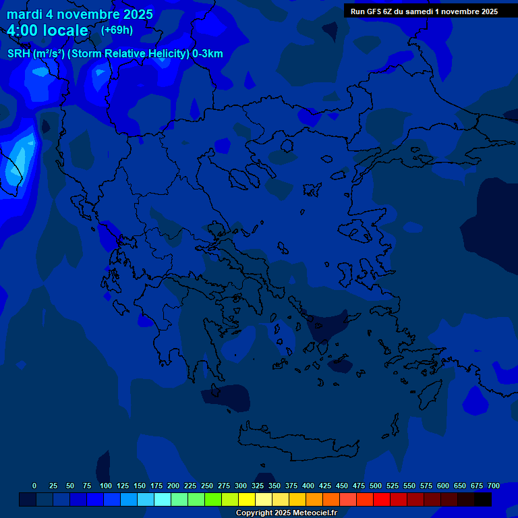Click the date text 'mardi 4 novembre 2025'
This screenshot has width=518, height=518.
pyautogui.click(x=80, y=14)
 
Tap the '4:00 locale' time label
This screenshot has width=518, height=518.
pyautogui.click(x=48, y=30)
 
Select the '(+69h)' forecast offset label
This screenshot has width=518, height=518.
pyautogui.click(x=117, y=30)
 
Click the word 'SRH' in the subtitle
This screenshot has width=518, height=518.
pyautogui.click(x=18, y=54)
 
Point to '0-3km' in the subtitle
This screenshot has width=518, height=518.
pyautogui.click(x=208, y=54)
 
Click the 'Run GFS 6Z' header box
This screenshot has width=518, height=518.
pyautogui.click(x=424, y=11)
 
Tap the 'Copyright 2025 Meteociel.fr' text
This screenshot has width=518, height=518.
pyautogui.click(x=286, y=513)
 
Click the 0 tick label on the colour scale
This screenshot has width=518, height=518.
pyautogui.click(x=34, y=486)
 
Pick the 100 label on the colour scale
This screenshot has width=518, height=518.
pyautogui.click(x=105, y=486)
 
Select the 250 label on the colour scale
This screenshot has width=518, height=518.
pyautogui.click(x=207, y=486)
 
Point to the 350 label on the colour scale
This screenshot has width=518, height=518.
pyautogui.click(x=275, y=486)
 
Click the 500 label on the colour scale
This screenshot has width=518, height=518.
pyautogui.click(x=376, y=486)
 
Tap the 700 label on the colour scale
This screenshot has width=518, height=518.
pyautogui.click(x=493, y=486)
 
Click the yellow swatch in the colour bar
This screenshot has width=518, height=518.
pyautogui.click(x=247, y=499)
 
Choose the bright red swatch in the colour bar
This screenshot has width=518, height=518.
pyautogui.click(x=382, y=499)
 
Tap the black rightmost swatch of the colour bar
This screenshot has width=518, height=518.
pyautogui.click(x=483, y=499)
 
